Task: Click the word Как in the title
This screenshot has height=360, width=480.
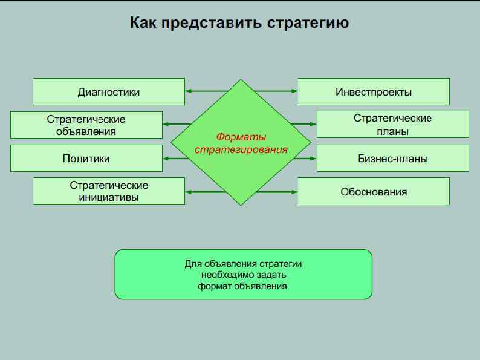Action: (x=143, y=23)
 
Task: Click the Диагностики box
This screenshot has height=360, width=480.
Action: (x=109, y=92)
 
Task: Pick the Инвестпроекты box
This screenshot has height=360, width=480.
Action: (x=374, y=92)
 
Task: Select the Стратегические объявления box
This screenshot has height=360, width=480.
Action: (x=86, y=125)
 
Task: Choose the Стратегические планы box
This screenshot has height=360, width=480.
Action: (x=392, y=125)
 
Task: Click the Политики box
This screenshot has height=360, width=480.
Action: (x=86, y=159)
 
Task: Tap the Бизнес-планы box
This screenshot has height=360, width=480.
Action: (x=392, y=159)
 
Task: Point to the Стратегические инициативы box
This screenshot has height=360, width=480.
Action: (x=109, y=191)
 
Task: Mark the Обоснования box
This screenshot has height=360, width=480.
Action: (x=374, y=191)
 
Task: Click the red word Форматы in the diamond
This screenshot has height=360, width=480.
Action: (x=241, y=137)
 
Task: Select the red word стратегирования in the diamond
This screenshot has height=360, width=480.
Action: (x=241, y=149)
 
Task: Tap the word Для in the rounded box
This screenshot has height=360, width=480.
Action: (x=192, y=264)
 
